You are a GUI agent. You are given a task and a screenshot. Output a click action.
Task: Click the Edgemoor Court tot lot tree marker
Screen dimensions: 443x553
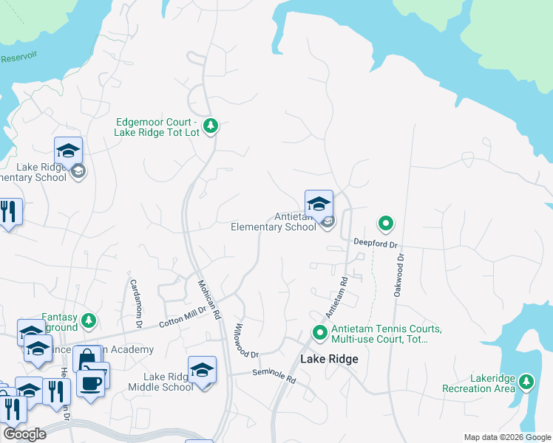[x=211, y=126]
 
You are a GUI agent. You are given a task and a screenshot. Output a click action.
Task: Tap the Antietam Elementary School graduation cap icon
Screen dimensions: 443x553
[x=319, y=203]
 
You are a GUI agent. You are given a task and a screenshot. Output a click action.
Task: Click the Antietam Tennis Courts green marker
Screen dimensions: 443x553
[x=320, y=334]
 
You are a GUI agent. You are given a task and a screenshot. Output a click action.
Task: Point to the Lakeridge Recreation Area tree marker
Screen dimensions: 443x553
[x=526, y=382]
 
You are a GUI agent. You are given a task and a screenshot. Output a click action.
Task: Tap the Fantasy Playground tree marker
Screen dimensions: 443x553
[x=89, y=320]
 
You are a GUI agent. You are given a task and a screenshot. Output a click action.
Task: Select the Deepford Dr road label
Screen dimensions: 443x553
[x=376, y=243]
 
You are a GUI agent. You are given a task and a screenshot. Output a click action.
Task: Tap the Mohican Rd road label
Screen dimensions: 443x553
[x=208, y=299]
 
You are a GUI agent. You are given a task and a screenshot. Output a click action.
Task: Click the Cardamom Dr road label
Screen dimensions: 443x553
[x=135, y=303]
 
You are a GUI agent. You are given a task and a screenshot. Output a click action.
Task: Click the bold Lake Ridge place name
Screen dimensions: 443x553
[x=329, y=360]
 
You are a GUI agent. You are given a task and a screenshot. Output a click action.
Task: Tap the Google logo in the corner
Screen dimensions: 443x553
[x=24, y=433]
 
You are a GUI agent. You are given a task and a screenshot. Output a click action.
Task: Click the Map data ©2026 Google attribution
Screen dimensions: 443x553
[x=507, y=437]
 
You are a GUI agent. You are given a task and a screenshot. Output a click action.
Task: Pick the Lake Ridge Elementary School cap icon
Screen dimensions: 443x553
[x=68, y=151]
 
